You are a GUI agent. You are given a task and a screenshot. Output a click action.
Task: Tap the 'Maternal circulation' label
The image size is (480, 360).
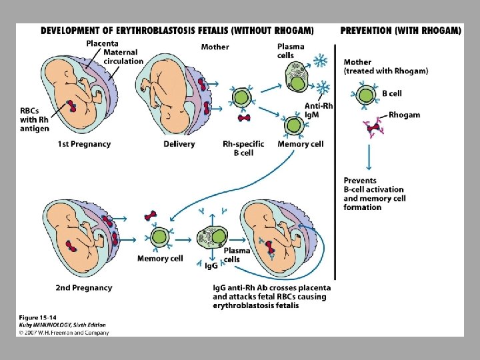(123, 57)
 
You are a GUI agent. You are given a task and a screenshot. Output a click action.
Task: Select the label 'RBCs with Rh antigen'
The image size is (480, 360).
(35, 119)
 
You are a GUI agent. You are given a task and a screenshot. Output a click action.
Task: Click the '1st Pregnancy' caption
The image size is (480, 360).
(83, 144)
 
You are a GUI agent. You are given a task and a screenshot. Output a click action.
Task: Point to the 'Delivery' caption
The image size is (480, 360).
(179, 144)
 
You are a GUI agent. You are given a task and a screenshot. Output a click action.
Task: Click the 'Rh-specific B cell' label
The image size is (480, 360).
(243, 148)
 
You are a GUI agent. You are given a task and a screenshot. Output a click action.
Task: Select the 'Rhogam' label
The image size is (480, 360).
(404, 115)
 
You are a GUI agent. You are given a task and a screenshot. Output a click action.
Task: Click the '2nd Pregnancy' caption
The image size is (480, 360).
(84, 288)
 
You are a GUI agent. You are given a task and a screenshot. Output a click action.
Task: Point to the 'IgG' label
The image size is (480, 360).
(211, 265)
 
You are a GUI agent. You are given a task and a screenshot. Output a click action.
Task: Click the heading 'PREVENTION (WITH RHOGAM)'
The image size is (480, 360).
(400, 30)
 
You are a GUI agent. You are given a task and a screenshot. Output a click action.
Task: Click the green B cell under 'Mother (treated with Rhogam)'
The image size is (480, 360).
(365, 95)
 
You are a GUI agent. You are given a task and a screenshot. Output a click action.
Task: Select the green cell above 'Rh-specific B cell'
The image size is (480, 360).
(241, 97)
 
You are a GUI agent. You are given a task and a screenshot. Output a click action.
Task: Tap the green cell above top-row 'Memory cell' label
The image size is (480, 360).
(293, 125)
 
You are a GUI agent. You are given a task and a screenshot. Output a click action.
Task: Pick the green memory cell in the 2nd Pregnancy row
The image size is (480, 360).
(160, 237)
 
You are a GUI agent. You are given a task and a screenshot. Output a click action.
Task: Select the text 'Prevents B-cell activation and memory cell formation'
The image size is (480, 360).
(374, 194)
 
